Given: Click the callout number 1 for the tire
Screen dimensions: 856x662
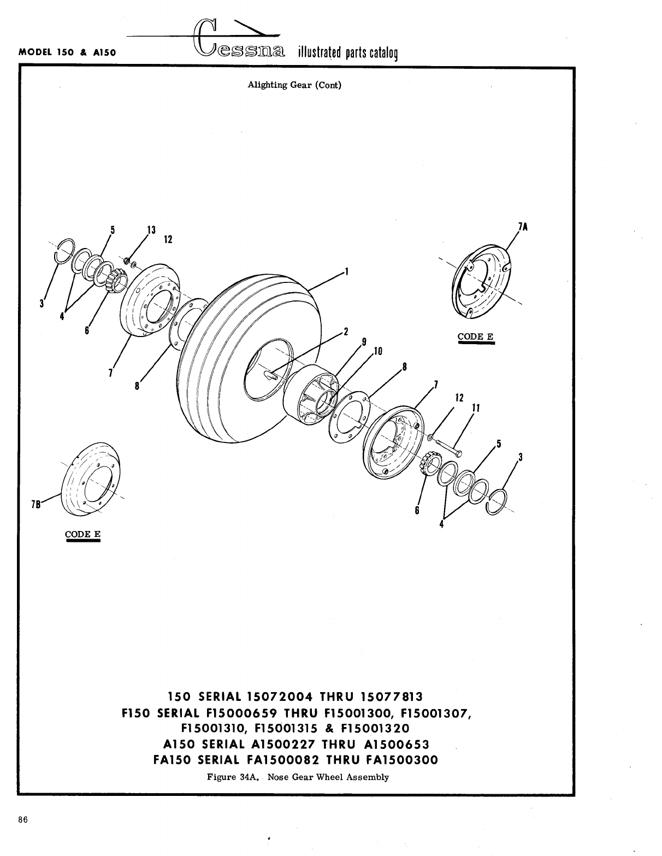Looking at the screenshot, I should [x=346, y=271].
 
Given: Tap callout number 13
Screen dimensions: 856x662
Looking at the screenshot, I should [x=151, y=229].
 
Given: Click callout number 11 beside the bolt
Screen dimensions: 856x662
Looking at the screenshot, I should [x=475, y=408].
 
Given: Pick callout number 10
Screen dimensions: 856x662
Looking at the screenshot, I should [x=378, y=351].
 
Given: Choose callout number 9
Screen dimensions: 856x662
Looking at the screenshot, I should [x=364, y=343].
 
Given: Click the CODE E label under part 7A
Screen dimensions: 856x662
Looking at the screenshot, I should [x=475, y=337].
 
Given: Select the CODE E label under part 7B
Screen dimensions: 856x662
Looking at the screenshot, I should [x=82, y=534].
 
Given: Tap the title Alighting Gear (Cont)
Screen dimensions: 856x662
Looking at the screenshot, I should [x=294, y=85].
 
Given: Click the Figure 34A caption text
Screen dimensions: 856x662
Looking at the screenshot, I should [x=298, y=777].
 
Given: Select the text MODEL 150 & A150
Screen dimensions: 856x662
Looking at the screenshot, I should [x=69, y=53].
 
